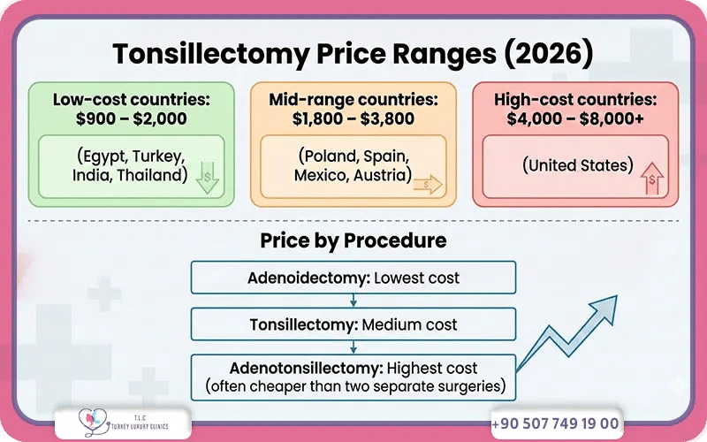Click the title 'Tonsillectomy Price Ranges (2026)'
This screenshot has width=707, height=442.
click(353, 54)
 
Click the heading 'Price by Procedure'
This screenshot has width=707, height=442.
click(353, 240)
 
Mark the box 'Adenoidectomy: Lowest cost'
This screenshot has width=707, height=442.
click(353, 278)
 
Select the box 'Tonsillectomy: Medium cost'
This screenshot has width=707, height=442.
click(353, 324)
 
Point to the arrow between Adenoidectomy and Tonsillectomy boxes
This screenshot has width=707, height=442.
click(353, 300)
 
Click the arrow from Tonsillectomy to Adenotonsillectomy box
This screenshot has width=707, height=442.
click(353, 346)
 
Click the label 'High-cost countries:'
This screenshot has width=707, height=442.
click(574, 98)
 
